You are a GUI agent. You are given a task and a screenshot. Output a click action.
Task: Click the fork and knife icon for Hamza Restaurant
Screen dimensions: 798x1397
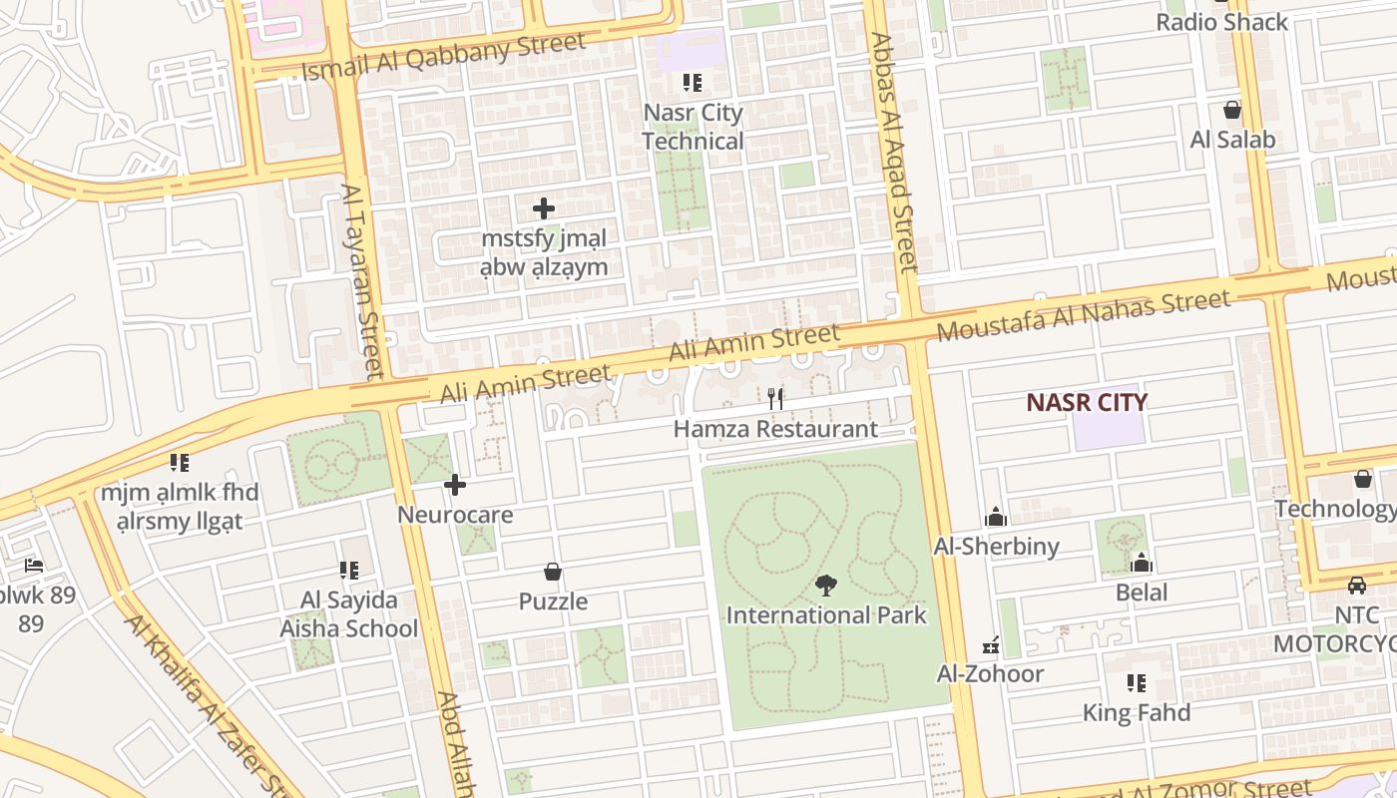coord(775,399)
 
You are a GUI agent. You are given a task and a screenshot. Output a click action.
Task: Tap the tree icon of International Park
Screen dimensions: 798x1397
coord(825,586)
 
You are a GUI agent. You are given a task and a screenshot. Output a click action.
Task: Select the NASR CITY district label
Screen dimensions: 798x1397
coord(1087,402)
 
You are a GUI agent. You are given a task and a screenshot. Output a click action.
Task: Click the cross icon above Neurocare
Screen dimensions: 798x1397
coord(455,486)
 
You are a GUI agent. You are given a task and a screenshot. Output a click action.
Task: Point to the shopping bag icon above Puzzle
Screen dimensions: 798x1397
coord(553,572)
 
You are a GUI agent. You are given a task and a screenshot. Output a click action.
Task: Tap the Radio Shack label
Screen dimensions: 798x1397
coord(1221,22)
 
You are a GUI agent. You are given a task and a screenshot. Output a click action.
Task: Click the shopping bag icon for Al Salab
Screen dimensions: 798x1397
coord(1232,110)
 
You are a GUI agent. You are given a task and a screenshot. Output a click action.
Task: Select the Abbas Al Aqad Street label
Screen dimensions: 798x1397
coord(893,153)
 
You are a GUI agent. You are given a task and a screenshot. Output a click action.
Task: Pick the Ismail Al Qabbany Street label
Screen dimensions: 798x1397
coord(443,57)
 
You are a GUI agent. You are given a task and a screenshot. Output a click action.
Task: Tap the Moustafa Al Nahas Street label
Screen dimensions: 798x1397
coord(1084,314)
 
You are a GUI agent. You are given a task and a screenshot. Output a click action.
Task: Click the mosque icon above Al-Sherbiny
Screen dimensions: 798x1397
coord(996,517)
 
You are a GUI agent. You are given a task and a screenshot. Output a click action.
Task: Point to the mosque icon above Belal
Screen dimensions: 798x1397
coord(1142,564)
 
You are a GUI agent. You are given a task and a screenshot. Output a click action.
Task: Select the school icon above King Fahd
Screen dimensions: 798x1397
coord(1137,683)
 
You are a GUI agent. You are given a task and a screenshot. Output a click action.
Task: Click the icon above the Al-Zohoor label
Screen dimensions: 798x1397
coord(991,645)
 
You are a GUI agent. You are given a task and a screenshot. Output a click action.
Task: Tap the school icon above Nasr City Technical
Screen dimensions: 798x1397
coord(693,83)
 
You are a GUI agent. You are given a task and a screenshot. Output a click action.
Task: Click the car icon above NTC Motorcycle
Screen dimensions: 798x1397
coord(1357,585)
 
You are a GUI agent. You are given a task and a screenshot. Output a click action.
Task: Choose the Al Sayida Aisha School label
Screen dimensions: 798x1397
coord(348,614)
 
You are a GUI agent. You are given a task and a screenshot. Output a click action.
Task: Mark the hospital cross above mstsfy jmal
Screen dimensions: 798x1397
coord(544,208)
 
